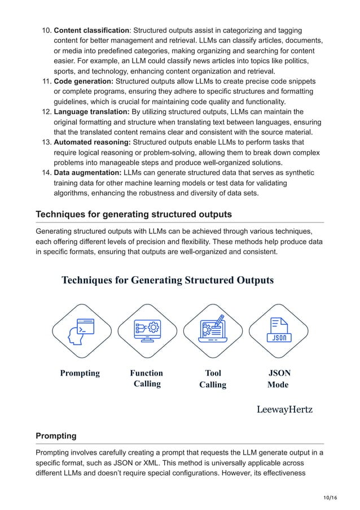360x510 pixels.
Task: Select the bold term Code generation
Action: point(83,81)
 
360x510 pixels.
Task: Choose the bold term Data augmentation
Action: point(87,172)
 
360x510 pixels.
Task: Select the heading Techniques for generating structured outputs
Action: point(133,214)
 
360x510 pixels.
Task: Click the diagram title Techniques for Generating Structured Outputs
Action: point(168,280)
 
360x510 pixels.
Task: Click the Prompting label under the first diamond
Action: point(80,373)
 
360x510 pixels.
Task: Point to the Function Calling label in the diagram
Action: point(147,378)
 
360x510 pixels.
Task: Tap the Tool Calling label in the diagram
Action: point(213,378)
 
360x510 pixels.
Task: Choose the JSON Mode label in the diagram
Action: point(278,378)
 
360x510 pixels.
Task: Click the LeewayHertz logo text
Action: point(284,409)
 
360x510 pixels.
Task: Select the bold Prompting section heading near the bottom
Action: point(56,435)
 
